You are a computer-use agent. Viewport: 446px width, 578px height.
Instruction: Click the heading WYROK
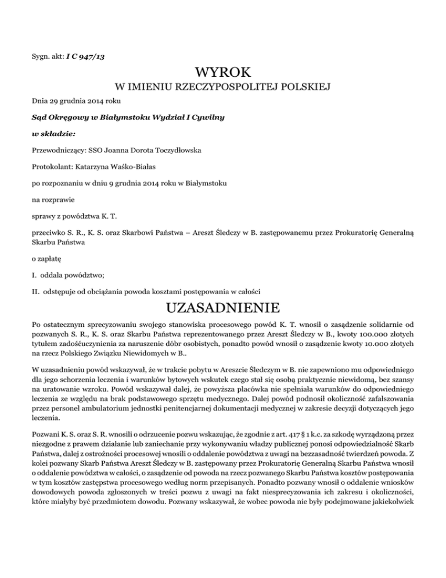pyautogui.click(x=223, y=73)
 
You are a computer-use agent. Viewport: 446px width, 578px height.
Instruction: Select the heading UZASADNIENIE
pyautogui.click(x=223, y=307)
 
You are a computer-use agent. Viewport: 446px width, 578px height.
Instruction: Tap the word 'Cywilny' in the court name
pyautogui.click(x=207, y=117)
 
